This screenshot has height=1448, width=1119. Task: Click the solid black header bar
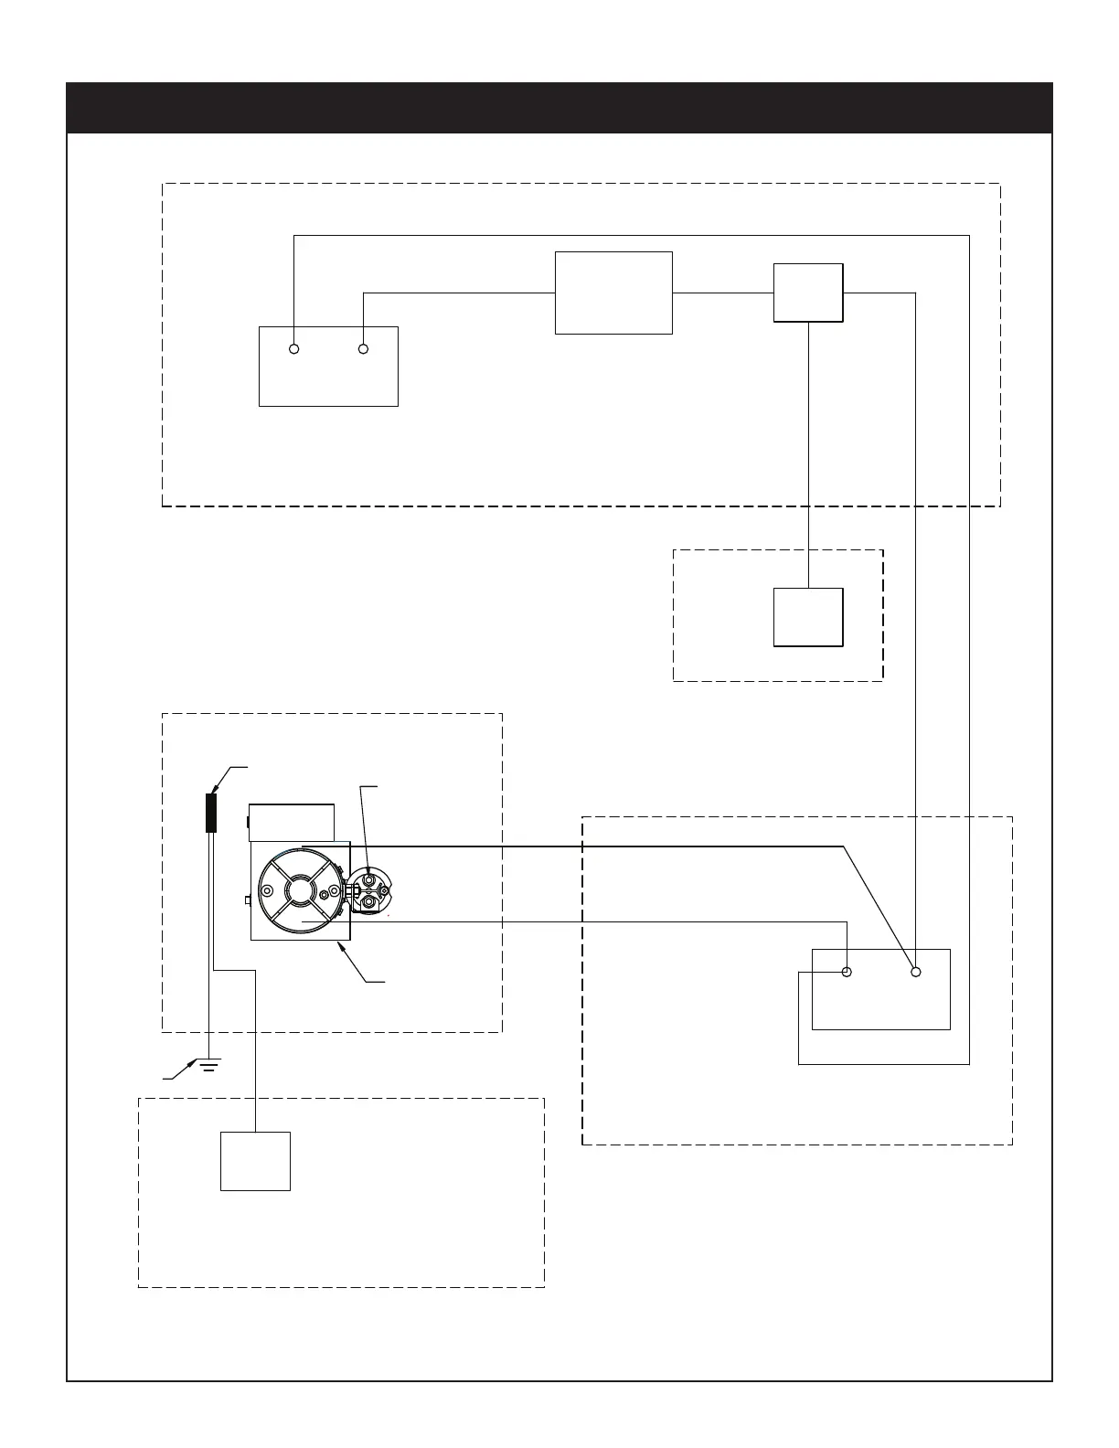pos(559,108)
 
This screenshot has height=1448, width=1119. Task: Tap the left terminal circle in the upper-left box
pos(294,349)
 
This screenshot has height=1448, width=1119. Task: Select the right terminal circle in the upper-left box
pos(363,349)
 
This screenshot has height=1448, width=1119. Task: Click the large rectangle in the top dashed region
pos(613,293)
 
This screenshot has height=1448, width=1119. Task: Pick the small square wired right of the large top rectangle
pos(808,293)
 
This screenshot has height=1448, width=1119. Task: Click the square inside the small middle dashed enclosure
pos(808,617)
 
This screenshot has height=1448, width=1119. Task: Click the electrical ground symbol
pos(209,1064)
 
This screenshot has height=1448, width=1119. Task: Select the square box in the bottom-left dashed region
pos(255,1161)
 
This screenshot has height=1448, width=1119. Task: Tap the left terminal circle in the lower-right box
pos(847,972)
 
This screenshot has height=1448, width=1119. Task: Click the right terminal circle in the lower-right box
pos(916,972)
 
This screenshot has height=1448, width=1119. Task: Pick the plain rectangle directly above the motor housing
pos(292,822)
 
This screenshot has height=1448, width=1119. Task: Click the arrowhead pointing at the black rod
pos(218,786)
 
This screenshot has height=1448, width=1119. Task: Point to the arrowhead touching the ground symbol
pos(192,1062)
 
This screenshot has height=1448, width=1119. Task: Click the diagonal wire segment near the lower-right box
pos(878,908)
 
